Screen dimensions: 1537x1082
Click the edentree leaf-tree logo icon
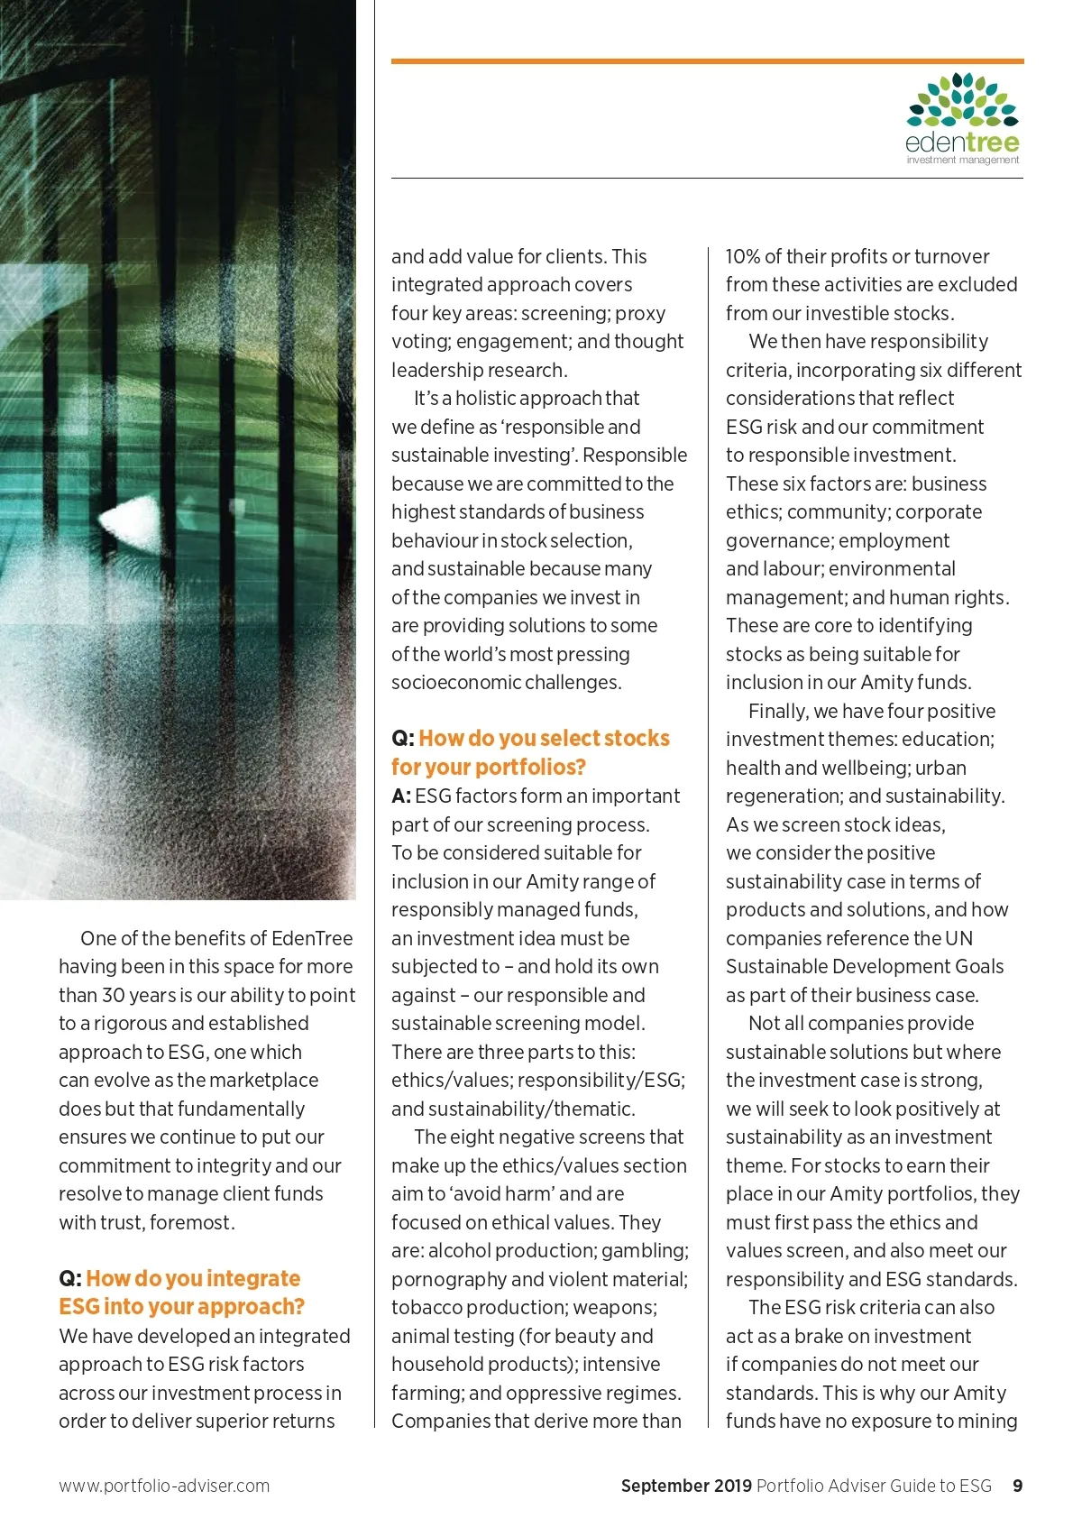(962, 100)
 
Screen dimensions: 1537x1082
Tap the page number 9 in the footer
(1018, 1486)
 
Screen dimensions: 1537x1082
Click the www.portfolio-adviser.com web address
(164, 1486)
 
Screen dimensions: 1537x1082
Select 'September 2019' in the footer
(686, 1486)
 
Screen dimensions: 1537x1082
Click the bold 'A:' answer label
(401, 796)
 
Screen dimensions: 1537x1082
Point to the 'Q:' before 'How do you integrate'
(70, 1278)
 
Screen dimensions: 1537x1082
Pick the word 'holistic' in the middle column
(496, 398)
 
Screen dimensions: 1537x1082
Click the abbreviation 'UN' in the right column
(959, 938)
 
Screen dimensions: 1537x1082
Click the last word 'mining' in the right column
(988, 1421)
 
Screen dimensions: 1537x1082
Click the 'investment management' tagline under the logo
(962, 160)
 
